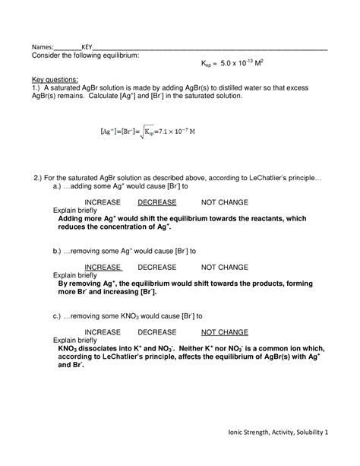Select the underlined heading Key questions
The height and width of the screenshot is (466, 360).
[x=54, y=79]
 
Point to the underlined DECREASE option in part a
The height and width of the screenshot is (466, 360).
[x=157, y=203]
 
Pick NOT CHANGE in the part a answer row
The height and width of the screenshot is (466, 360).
[x=224, y=203]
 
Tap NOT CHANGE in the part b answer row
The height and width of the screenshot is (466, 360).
[x=224, y=268]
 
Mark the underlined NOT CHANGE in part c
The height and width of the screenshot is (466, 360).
[x=224, y=332]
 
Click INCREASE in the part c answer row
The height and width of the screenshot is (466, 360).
[x=103, y=332]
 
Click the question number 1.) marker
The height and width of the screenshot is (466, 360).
[x=36, y=87]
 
